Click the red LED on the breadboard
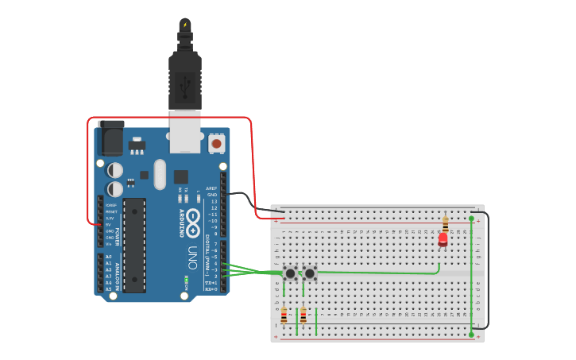(x=443, y=238)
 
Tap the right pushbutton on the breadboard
(x=310, y=273)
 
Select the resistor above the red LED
(x=445, y=223)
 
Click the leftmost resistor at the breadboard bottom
(x=284, y=316)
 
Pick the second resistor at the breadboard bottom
(x=303, y=316)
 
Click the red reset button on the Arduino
(x=216, y=144)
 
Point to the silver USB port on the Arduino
(x=185, y=131)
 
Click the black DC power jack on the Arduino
(x=110, y=140)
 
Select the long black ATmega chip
(x=134, y=245)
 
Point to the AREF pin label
(x=211, y=188)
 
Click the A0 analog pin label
(x=108, y=257)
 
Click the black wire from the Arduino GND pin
(x=246, y=197)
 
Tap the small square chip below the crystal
(x=181, y=176)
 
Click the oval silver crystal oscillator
(x=160, y=174)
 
